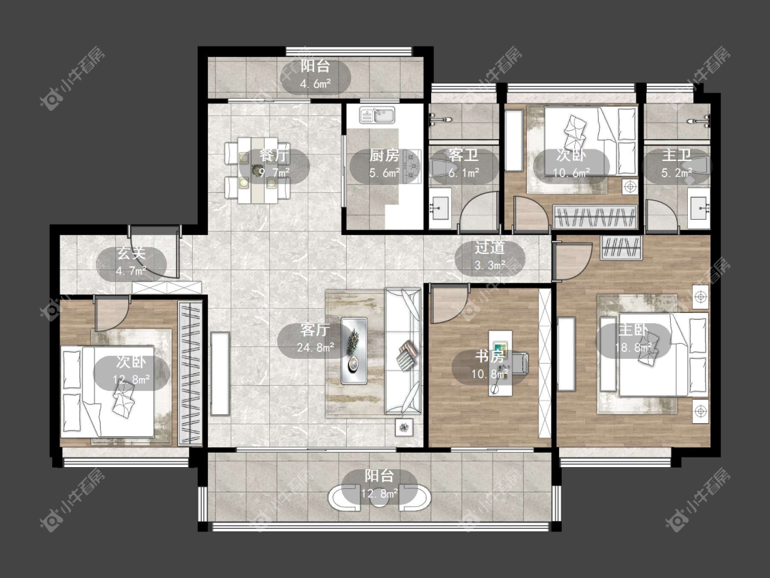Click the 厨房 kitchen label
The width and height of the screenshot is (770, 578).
[384, 156]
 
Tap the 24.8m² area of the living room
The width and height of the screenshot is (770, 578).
[316, 347]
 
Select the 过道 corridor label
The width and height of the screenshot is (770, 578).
[489, 248]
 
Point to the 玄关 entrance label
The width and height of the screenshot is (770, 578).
[131, 253]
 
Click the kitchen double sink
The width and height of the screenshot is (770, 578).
[377, 115]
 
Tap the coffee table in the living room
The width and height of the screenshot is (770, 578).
[354, 351]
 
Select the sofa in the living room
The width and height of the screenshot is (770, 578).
[402, 351]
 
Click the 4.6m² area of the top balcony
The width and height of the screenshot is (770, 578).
[316, 84]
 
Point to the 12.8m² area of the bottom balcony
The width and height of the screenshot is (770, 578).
[379, 494]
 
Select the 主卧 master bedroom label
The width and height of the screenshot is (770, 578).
[633, 329]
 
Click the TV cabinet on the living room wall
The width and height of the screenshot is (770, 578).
[220, 374]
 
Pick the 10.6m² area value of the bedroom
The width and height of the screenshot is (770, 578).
[572, 173]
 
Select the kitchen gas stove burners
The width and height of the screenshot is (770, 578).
[411, 164]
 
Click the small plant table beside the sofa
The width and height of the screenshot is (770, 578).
[404, 427]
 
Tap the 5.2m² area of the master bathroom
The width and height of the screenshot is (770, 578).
[677, 173]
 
